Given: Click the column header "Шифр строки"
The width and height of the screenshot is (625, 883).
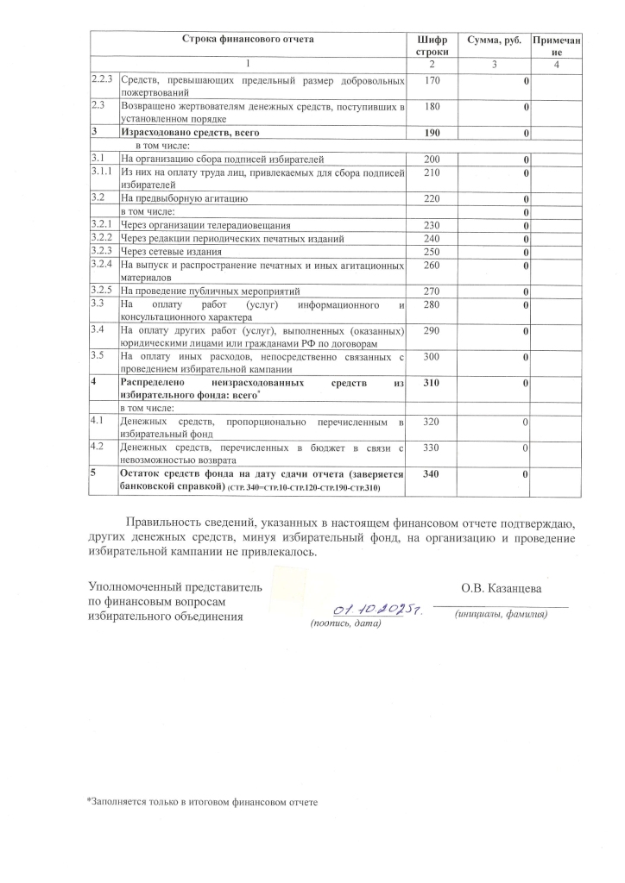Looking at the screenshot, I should (432, 46).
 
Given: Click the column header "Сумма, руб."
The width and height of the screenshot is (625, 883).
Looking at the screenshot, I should (494, 40).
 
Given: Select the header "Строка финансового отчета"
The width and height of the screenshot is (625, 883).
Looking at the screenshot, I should (248, 40).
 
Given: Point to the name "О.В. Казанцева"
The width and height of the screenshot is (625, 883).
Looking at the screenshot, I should (502, 589).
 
